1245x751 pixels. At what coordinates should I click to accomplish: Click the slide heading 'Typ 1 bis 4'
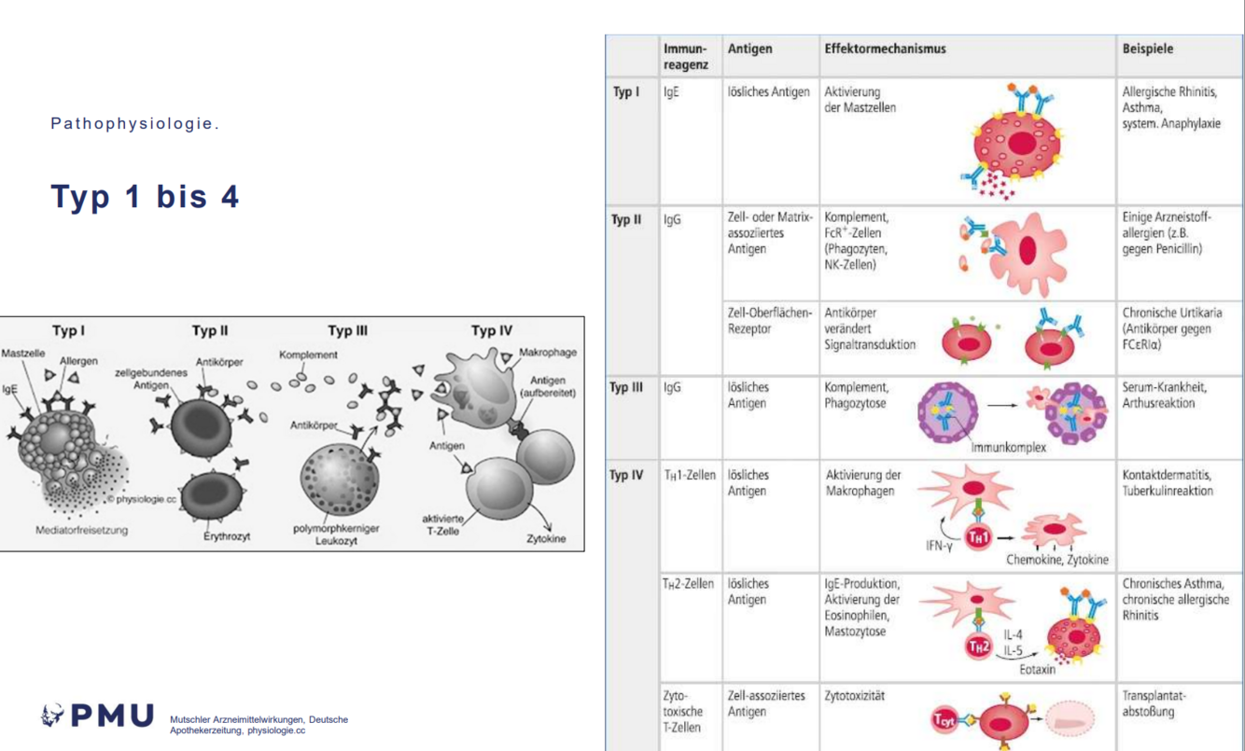point(145,197)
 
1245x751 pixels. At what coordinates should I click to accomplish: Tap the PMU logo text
point(98,716)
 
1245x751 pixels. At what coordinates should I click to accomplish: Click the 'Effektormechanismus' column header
point(885,49)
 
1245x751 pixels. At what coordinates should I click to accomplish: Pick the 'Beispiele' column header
point(1148,49)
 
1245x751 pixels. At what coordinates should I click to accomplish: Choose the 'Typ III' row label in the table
point(627,388)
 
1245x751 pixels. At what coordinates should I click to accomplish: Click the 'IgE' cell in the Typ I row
point(672,92)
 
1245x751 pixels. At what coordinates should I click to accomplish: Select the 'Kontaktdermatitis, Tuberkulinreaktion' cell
point(1168,482)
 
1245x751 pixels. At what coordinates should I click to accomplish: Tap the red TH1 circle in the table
point(977,537)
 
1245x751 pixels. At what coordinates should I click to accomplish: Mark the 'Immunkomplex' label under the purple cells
point(1008,447)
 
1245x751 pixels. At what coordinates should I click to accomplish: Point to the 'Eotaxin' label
point(1037,669)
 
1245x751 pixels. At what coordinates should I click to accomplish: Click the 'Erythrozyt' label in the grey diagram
point(227,536)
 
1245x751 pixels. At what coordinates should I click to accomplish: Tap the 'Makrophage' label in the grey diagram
point(550,353)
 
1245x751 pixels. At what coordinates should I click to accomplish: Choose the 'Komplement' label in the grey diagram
point(308,355)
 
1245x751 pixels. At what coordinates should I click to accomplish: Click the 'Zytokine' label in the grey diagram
point(546,538)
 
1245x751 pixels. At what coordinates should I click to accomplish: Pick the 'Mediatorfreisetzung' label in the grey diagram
point(82,530)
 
